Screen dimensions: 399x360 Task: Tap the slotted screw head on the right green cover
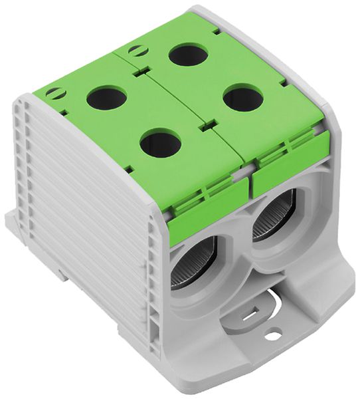[135, 49]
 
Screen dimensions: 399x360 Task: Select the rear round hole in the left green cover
[108, 98]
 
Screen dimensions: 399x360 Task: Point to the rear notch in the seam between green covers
[143, 70]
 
